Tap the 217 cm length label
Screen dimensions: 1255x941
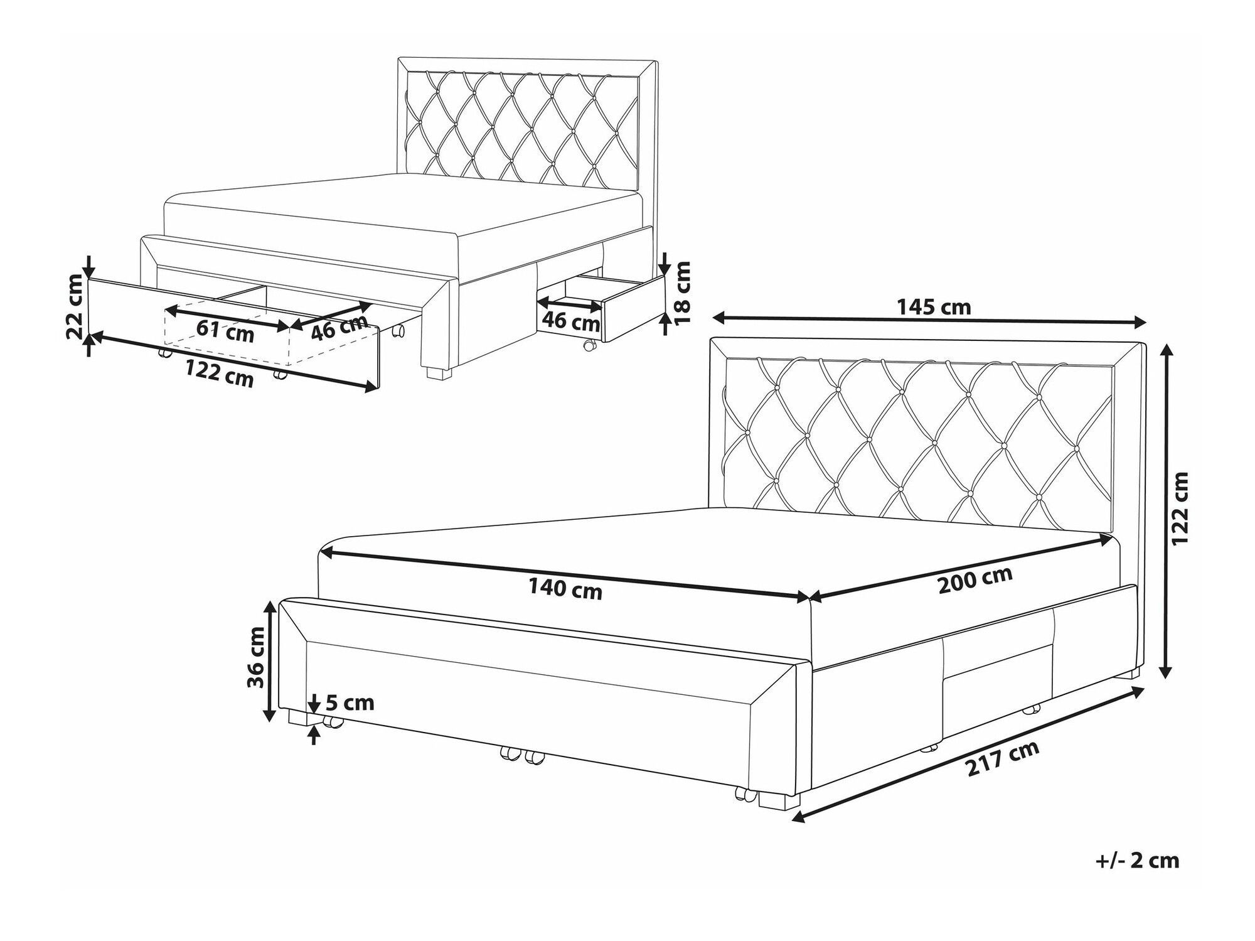[x=1002, y=759]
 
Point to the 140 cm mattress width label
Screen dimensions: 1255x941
[x=565, y=589]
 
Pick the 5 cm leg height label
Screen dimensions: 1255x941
[x=350, y=702]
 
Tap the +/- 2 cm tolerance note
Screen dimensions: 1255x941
[x=1137, y=860]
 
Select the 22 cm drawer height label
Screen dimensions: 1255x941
[x=75, y=306]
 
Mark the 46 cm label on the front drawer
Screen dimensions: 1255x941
[x=339, y=327]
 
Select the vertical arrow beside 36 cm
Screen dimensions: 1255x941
[x=270, y=660]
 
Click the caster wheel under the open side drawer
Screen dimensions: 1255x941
[x=589, y=345]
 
